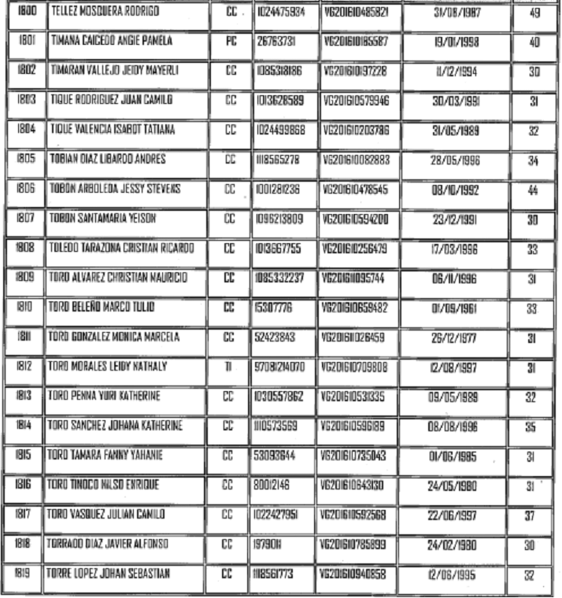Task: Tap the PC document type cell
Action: point(231,42)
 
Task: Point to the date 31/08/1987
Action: point(457,13)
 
